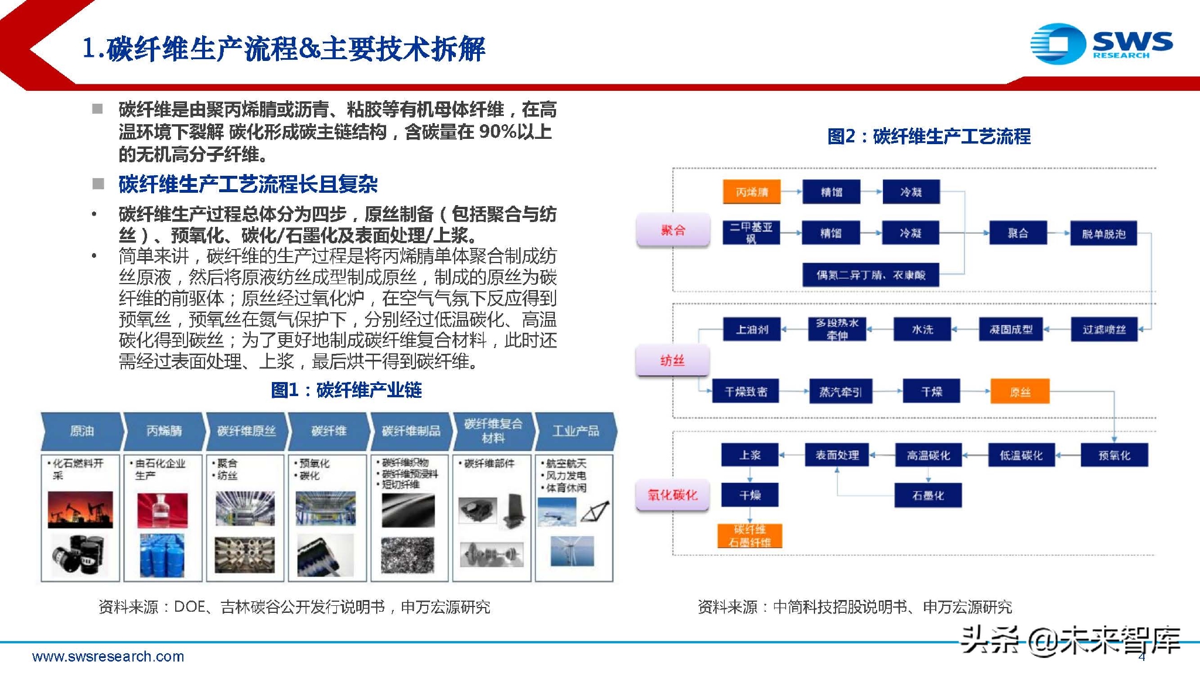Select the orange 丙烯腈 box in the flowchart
coord(752,192)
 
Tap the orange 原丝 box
coord(1020,391)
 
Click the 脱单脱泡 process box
coord(1103,234)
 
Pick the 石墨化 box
coord(928,496)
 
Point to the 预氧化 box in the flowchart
coord(1114,455)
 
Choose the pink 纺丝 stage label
coord(673,360)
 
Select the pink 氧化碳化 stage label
coord(673,495)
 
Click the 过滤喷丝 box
coord(1104,329)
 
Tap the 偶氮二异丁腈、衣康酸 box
coord(871,275)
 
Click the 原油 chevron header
coord(81,431)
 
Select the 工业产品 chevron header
coord(575,431)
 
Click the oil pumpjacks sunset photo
coord(80,509)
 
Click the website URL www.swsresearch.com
coord(108,657)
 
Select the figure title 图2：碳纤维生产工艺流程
coord(929,137)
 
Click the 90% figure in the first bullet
coord(497,132)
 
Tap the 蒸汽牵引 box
coord(840,391)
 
